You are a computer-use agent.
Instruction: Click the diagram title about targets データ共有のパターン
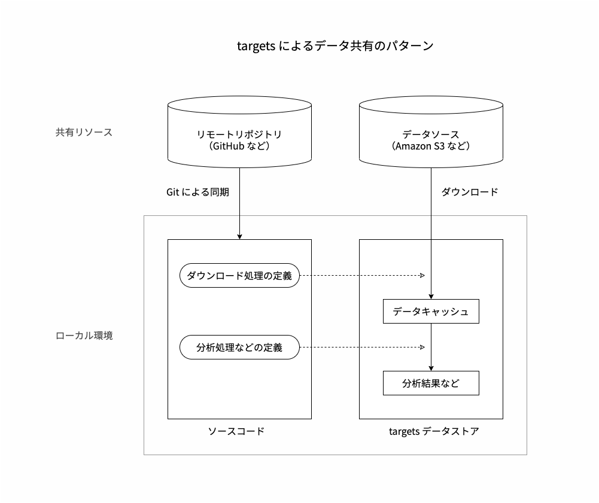coord(335,46)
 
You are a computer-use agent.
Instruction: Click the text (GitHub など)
coord(239,147)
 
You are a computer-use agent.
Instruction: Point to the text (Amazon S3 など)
coord(431,147)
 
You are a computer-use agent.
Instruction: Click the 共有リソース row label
coord(84,132)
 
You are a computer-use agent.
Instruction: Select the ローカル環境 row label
coord(84,336)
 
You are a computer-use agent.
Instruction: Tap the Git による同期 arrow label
coord(197,192)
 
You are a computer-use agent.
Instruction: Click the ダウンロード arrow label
coord(470,192)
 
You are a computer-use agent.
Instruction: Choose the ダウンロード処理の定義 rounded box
coord(239,276)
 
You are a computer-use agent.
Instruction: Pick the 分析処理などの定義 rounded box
coord(239,347)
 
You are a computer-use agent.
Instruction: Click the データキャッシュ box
coord(431,312)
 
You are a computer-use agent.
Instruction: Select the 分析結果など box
coord(431,383)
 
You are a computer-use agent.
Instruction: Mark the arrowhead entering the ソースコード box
coord(239,236)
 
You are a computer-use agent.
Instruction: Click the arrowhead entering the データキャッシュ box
coord(431,295)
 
